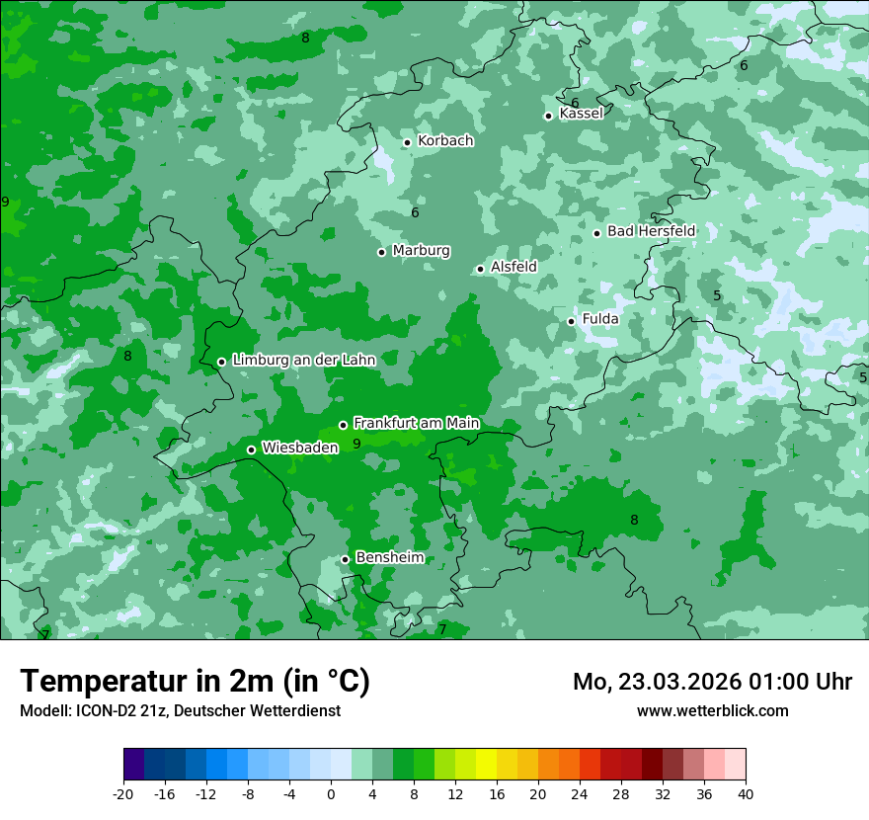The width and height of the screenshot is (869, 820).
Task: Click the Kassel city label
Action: [x=581, y=114]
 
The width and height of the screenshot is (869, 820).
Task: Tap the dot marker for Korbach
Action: [x=407, y=142]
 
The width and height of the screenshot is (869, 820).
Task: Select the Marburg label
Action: [x=421, y=251]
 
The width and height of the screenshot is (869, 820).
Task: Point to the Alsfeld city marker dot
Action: [x=481, y=269]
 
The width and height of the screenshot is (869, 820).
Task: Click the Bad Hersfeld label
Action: [x=651, y=231]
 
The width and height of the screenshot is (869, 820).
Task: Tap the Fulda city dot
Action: [x=572, y=321]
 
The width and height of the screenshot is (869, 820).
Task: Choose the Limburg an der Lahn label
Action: [x=303, y=361]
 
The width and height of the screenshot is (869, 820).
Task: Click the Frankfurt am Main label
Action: [x=416, y=424]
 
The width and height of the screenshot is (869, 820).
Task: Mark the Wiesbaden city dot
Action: [x=252, y=450]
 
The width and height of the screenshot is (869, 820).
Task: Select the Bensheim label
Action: [x=389, y=558]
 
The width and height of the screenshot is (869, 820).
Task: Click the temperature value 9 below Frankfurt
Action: [x=356, y=444]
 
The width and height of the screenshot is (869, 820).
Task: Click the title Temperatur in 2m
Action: [x=195, y=682]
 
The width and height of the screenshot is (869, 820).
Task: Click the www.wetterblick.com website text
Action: [x=712, y=710]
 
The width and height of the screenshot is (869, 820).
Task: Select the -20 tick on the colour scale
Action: [x=123, y=793]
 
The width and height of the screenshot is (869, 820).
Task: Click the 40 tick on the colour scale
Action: [x=746, y=793]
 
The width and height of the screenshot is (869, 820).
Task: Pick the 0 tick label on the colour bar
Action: [x=331, y=793]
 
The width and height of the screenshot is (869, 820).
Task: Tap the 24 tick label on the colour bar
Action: [x=580, y=793]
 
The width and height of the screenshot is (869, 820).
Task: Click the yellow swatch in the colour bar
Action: [x=486, y=765]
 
